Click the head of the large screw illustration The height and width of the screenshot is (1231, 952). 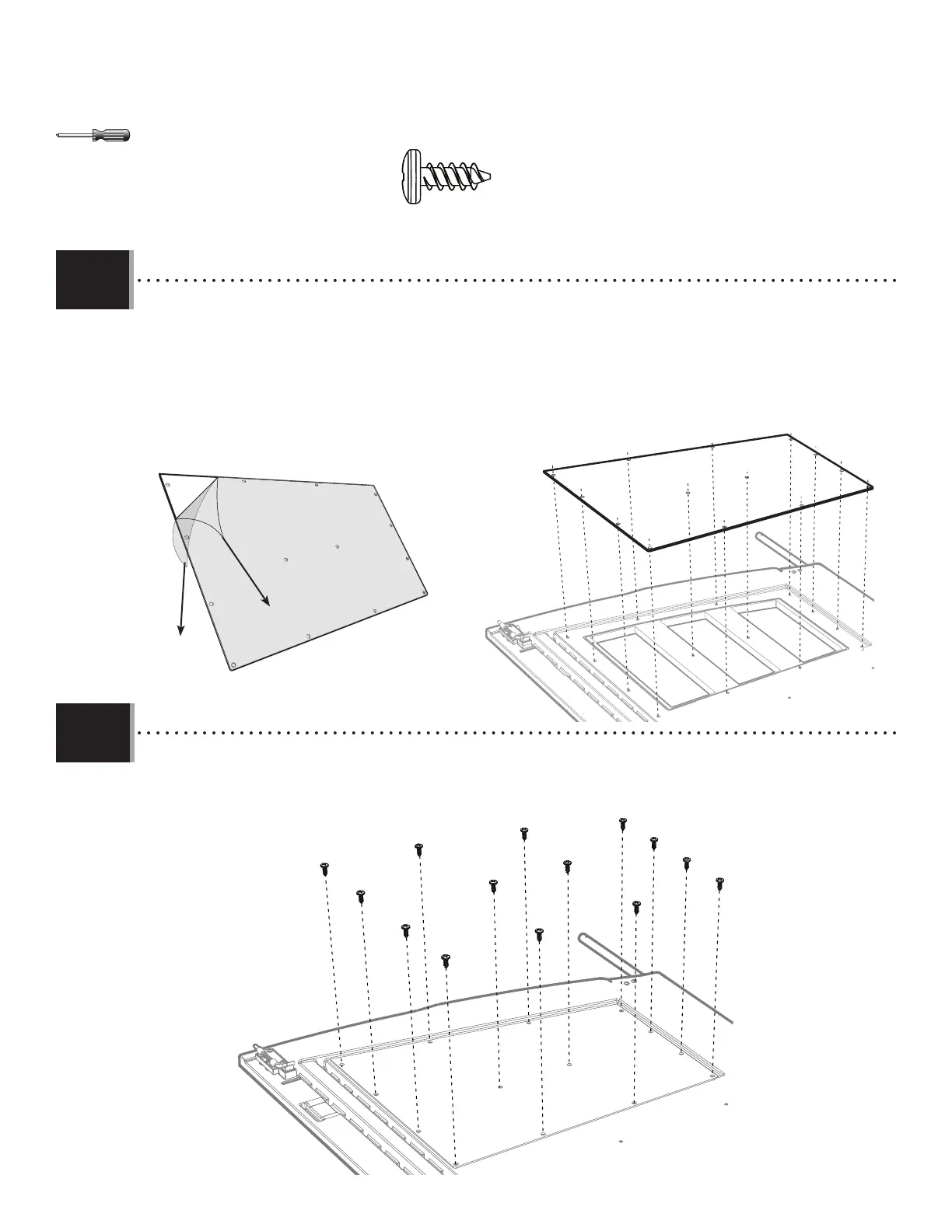(x=411, y=179)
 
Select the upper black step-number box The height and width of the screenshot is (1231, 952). (x=93, y=280)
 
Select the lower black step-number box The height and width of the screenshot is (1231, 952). (x=93, y=733)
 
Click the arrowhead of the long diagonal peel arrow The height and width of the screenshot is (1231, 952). (x=266, y=602)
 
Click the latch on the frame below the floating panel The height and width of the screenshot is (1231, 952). (x=516, y=636)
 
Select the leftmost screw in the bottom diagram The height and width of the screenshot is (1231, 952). (x=324, y=868)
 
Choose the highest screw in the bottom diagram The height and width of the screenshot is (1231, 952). (x=622, y=823)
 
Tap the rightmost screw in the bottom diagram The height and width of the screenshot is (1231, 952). (x=719, y=884)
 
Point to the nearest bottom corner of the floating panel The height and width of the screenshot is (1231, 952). (x=650, y=548)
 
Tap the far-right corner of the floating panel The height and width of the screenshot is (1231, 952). (x=871, y=488)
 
